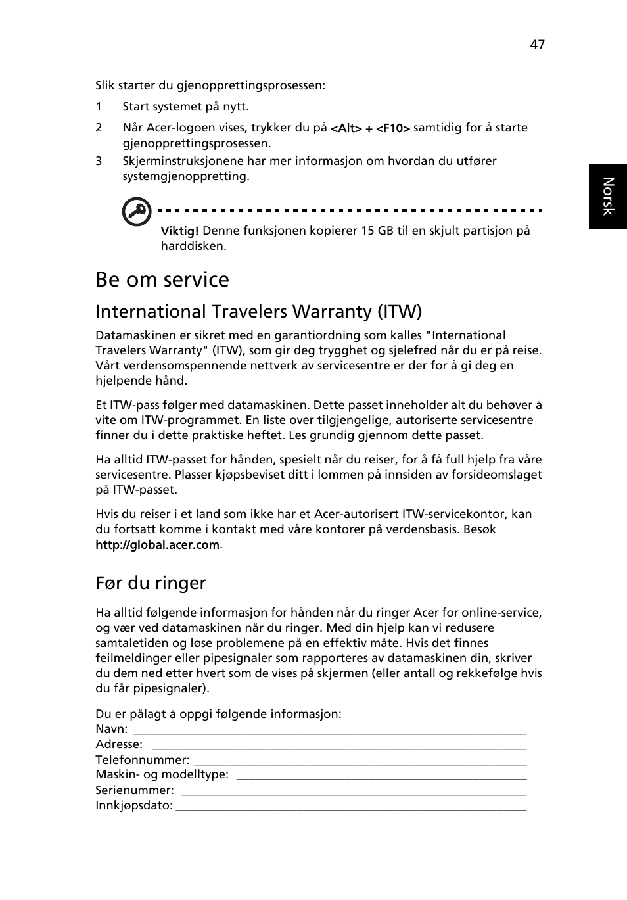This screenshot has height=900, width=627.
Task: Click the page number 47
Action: point(537,45)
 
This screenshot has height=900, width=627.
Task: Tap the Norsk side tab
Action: point(608,196)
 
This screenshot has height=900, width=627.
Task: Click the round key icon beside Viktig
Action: point(137,212)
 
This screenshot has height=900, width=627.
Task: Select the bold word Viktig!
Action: point(179,231)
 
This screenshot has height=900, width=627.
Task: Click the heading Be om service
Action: point(162,279)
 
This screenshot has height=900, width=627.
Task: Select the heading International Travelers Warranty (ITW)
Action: point(258,311)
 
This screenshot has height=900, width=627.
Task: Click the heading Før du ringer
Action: point(151,583)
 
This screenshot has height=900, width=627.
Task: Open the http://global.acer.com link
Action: point(157,545)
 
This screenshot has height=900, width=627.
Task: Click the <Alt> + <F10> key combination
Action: point(370,129)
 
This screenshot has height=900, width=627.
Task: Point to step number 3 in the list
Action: point(99,161)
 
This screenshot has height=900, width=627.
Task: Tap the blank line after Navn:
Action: point(329,730)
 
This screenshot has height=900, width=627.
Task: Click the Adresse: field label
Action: point(119,744)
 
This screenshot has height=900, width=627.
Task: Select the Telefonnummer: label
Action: point(142,760)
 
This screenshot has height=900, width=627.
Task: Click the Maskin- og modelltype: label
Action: point(162,775)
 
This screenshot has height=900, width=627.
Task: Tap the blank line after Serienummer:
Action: point(354,791)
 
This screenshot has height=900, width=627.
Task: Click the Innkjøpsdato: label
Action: point(134,805)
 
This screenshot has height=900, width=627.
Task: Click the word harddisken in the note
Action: point(193,246)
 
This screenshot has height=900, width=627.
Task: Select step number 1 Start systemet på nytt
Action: point(185,107)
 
